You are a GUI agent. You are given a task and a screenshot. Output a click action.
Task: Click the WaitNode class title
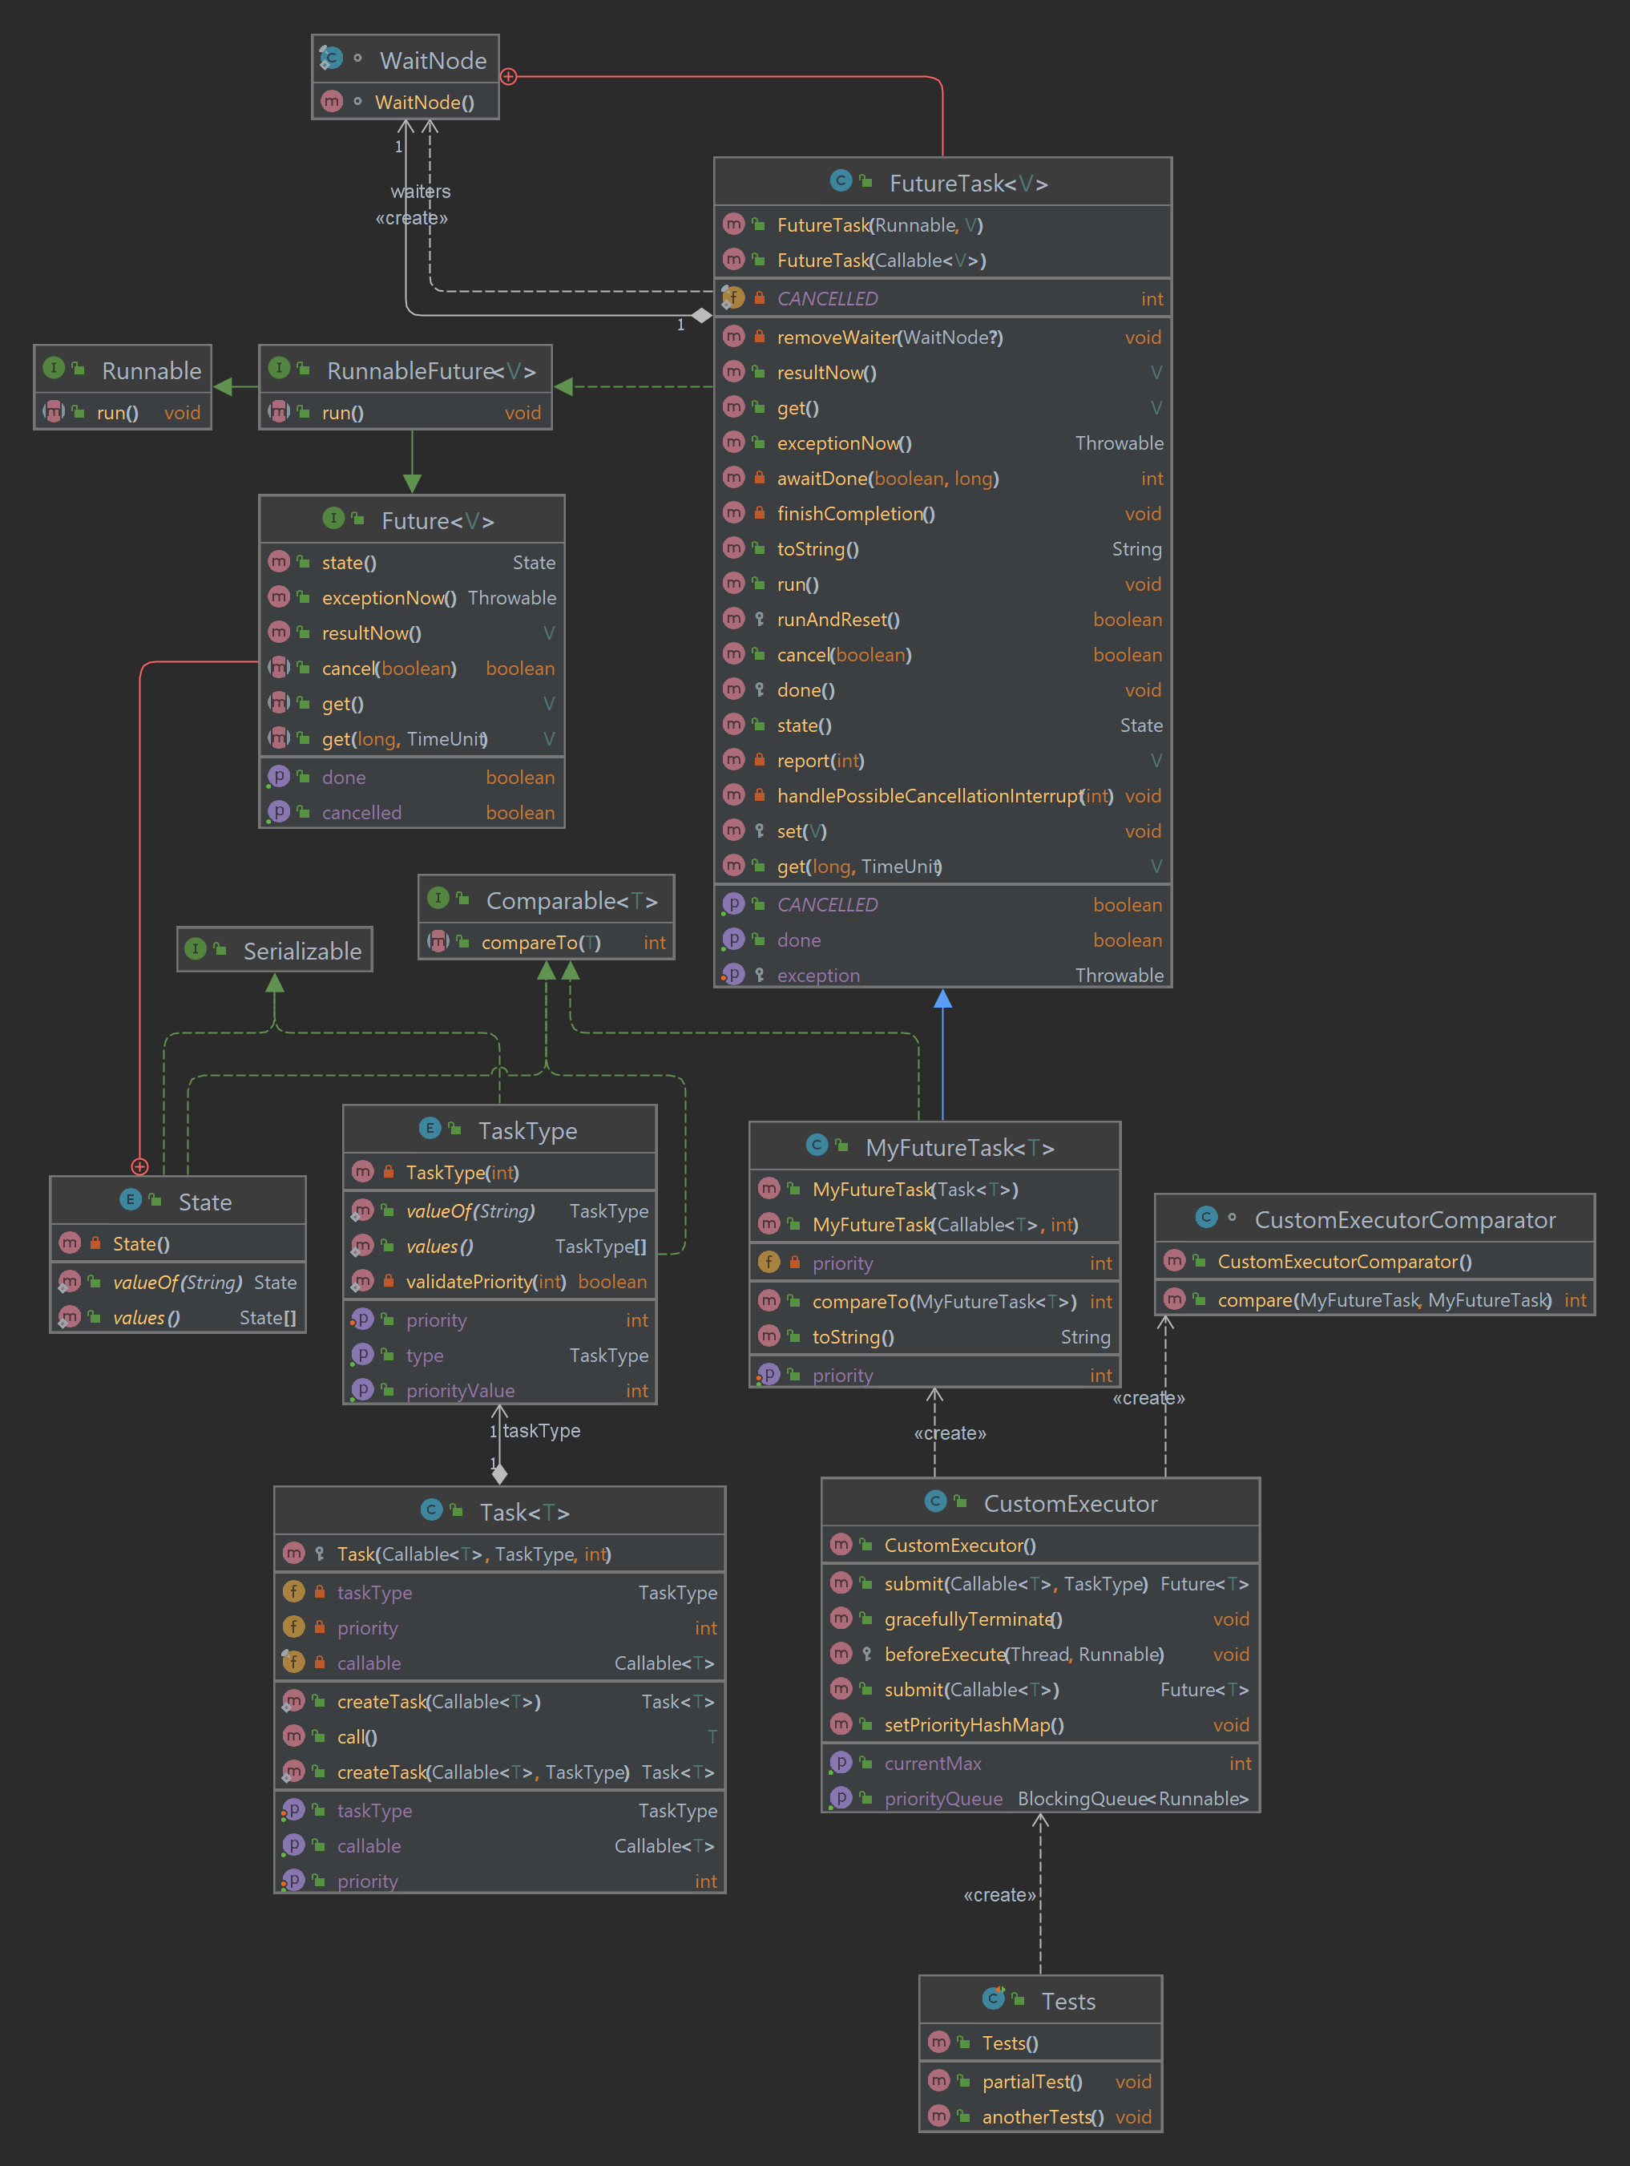[x=432, y=61]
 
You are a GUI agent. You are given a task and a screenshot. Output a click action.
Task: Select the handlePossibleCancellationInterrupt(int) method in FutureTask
[x=944, y=796]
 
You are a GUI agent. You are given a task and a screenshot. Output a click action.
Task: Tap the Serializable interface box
[x=301, y=951]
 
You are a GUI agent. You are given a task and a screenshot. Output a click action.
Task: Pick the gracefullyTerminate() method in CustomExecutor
[x=972, y=1619]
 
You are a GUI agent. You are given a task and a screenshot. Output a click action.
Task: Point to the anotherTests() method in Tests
[x=1042, y=2117]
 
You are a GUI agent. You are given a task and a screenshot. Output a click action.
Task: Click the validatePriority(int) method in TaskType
[x=485, y=1282]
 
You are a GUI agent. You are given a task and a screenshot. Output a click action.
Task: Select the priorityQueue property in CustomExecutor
[x=942, y=1799]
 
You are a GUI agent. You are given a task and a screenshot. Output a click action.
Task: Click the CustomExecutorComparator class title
[x=1404, y=1220]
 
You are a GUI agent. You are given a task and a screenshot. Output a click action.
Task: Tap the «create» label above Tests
[x=999, y=1895]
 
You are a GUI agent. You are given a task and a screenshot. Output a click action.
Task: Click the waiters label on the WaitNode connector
[x=421, y=192]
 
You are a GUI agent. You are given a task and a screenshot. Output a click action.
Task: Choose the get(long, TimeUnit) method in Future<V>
[x=405, y=739]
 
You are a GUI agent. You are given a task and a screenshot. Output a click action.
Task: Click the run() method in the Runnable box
[x=118, y=413]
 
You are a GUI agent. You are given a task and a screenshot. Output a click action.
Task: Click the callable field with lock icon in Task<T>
[x=369, y=1663]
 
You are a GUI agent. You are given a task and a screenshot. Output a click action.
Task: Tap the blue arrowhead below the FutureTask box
[x=942, y=999]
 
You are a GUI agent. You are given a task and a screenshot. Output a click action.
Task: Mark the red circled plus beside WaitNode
[x=508, y=76]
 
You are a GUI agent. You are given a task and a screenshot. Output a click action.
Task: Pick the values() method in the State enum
[x=146, y=1318]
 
